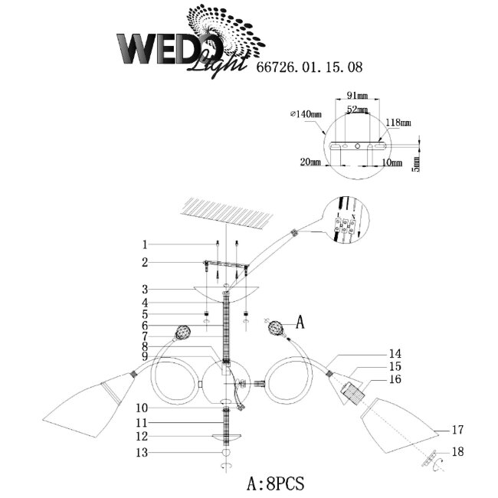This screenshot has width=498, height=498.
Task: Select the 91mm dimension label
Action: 357,97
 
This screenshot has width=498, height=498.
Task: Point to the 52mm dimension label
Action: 356,110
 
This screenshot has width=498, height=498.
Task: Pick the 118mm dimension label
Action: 398,123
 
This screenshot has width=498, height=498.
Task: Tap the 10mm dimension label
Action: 391,162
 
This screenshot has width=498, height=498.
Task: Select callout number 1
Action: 144,245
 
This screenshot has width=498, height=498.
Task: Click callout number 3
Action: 144,290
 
